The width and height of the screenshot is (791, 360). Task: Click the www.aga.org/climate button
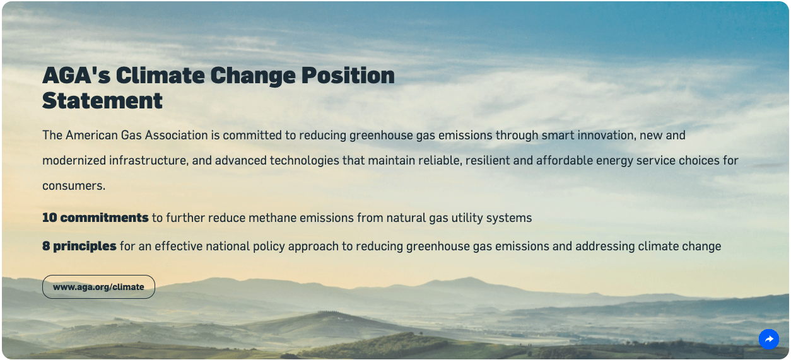click(x=98, y=287)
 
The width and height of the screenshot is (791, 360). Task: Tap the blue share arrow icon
click(x=769, y=339)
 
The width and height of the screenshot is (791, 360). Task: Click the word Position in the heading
click(x=348, y=76)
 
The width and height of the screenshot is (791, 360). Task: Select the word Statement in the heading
click(x=102, y=101)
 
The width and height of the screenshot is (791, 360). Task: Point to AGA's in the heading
click(x=76, y=76)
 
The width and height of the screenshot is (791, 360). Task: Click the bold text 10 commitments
click(x=95, y=218)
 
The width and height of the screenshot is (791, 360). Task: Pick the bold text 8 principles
click(x=79, y=246)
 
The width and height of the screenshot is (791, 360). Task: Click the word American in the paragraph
click(x=92, y=135)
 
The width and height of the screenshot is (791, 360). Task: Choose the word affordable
click(x=565, y=161)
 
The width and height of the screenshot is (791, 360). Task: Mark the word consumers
click(x=74, y=186)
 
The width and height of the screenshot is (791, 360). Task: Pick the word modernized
click(x=74, y=161)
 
